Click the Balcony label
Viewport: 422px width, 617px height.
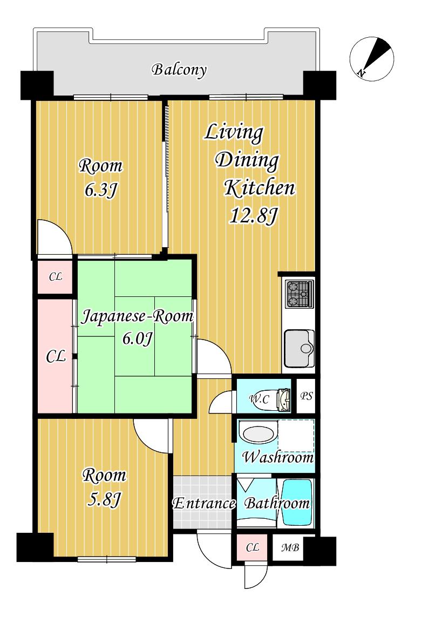coord(179,70)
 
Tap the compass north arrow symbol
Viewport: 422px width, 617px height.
coord(372,59)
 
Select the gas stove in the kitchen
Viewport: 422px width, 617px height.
coord(300,294)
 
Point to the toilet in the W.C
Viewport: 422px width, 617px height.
coord(283,399)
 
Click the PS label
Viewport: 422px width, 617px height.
coord(307,396)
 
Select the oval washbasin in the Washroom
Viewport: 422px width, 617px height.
coord(257,433)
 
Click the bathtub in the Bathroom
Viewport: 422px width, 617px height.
coord(297,502)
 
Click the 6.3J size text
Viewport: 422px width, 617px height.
coord(101,191)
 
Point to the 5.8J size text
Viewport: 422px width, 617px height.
coord(103,500)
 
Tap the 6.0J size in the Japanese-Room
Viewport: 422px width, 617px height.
coord(137,338)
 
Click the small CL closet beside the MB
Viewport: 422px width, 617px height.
coord(252,548)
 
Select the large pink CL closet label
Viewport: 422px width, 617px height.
coord(56,357)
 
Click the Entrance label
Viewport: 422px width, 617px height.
coord(204,503)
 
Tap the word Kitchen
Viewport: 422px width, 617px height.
coord(260,188)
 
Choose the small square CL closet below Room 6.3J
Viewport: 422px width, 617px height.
coord(55,277)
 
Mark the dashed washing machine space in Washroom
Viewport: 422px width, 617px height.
coord(296,436)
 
